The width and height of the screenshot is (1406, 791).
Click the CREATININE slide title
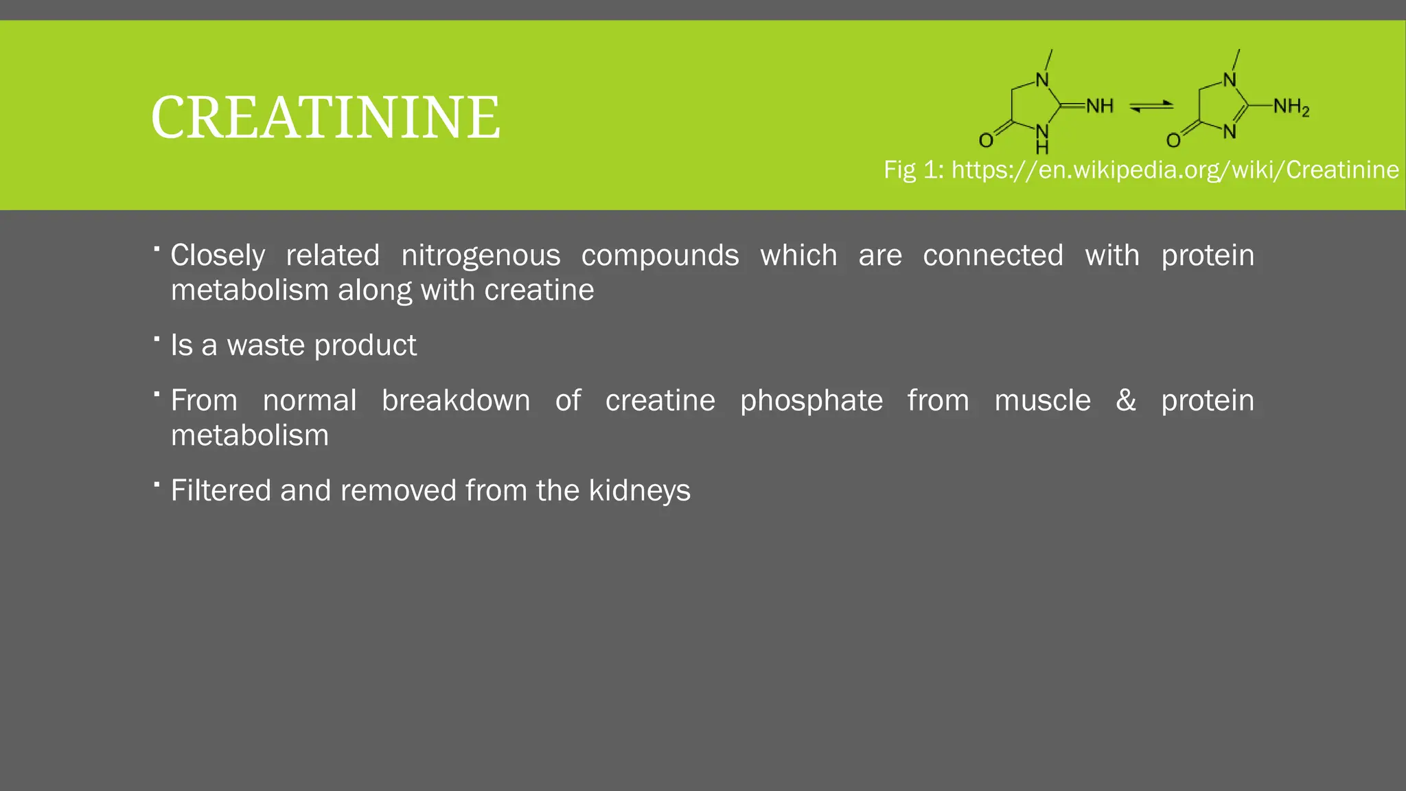tap(325, 117)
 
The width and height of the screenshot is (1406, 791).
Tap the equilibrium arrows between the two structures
tap(1151, 106)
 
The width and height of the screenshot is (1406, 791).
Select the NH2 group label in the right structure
tap(1291, 107)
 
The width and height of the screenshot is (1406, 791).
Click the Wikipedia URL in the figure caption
tap(1175, 170)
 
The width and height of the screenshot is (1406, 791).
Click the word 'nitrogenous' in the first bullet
tap(481, 255)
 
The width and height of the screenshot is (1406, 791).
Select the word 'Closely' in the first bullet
tap(218, 255)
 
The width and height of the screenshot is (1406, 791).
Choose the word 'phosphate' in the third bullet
tap(811, 401)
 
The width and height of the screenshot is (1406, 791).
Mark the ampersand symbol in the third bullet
tap(1125, 400)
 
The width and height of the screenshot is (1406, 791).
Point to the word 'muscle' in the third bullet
tap(1042, 400)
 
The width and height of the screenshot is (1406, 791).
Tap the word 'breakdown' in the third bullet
tap(456, 400)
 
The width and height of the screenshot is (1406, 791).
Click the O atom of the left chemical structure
tap(986, 141)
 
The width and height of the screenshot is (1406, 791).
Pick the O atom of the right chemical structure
tap(1173, 141)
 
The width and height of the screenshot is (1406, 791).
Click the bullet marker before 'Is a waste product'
tap(157, 339)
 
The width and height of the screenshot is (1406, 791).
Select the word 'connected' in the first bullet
tap(993, 255)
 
